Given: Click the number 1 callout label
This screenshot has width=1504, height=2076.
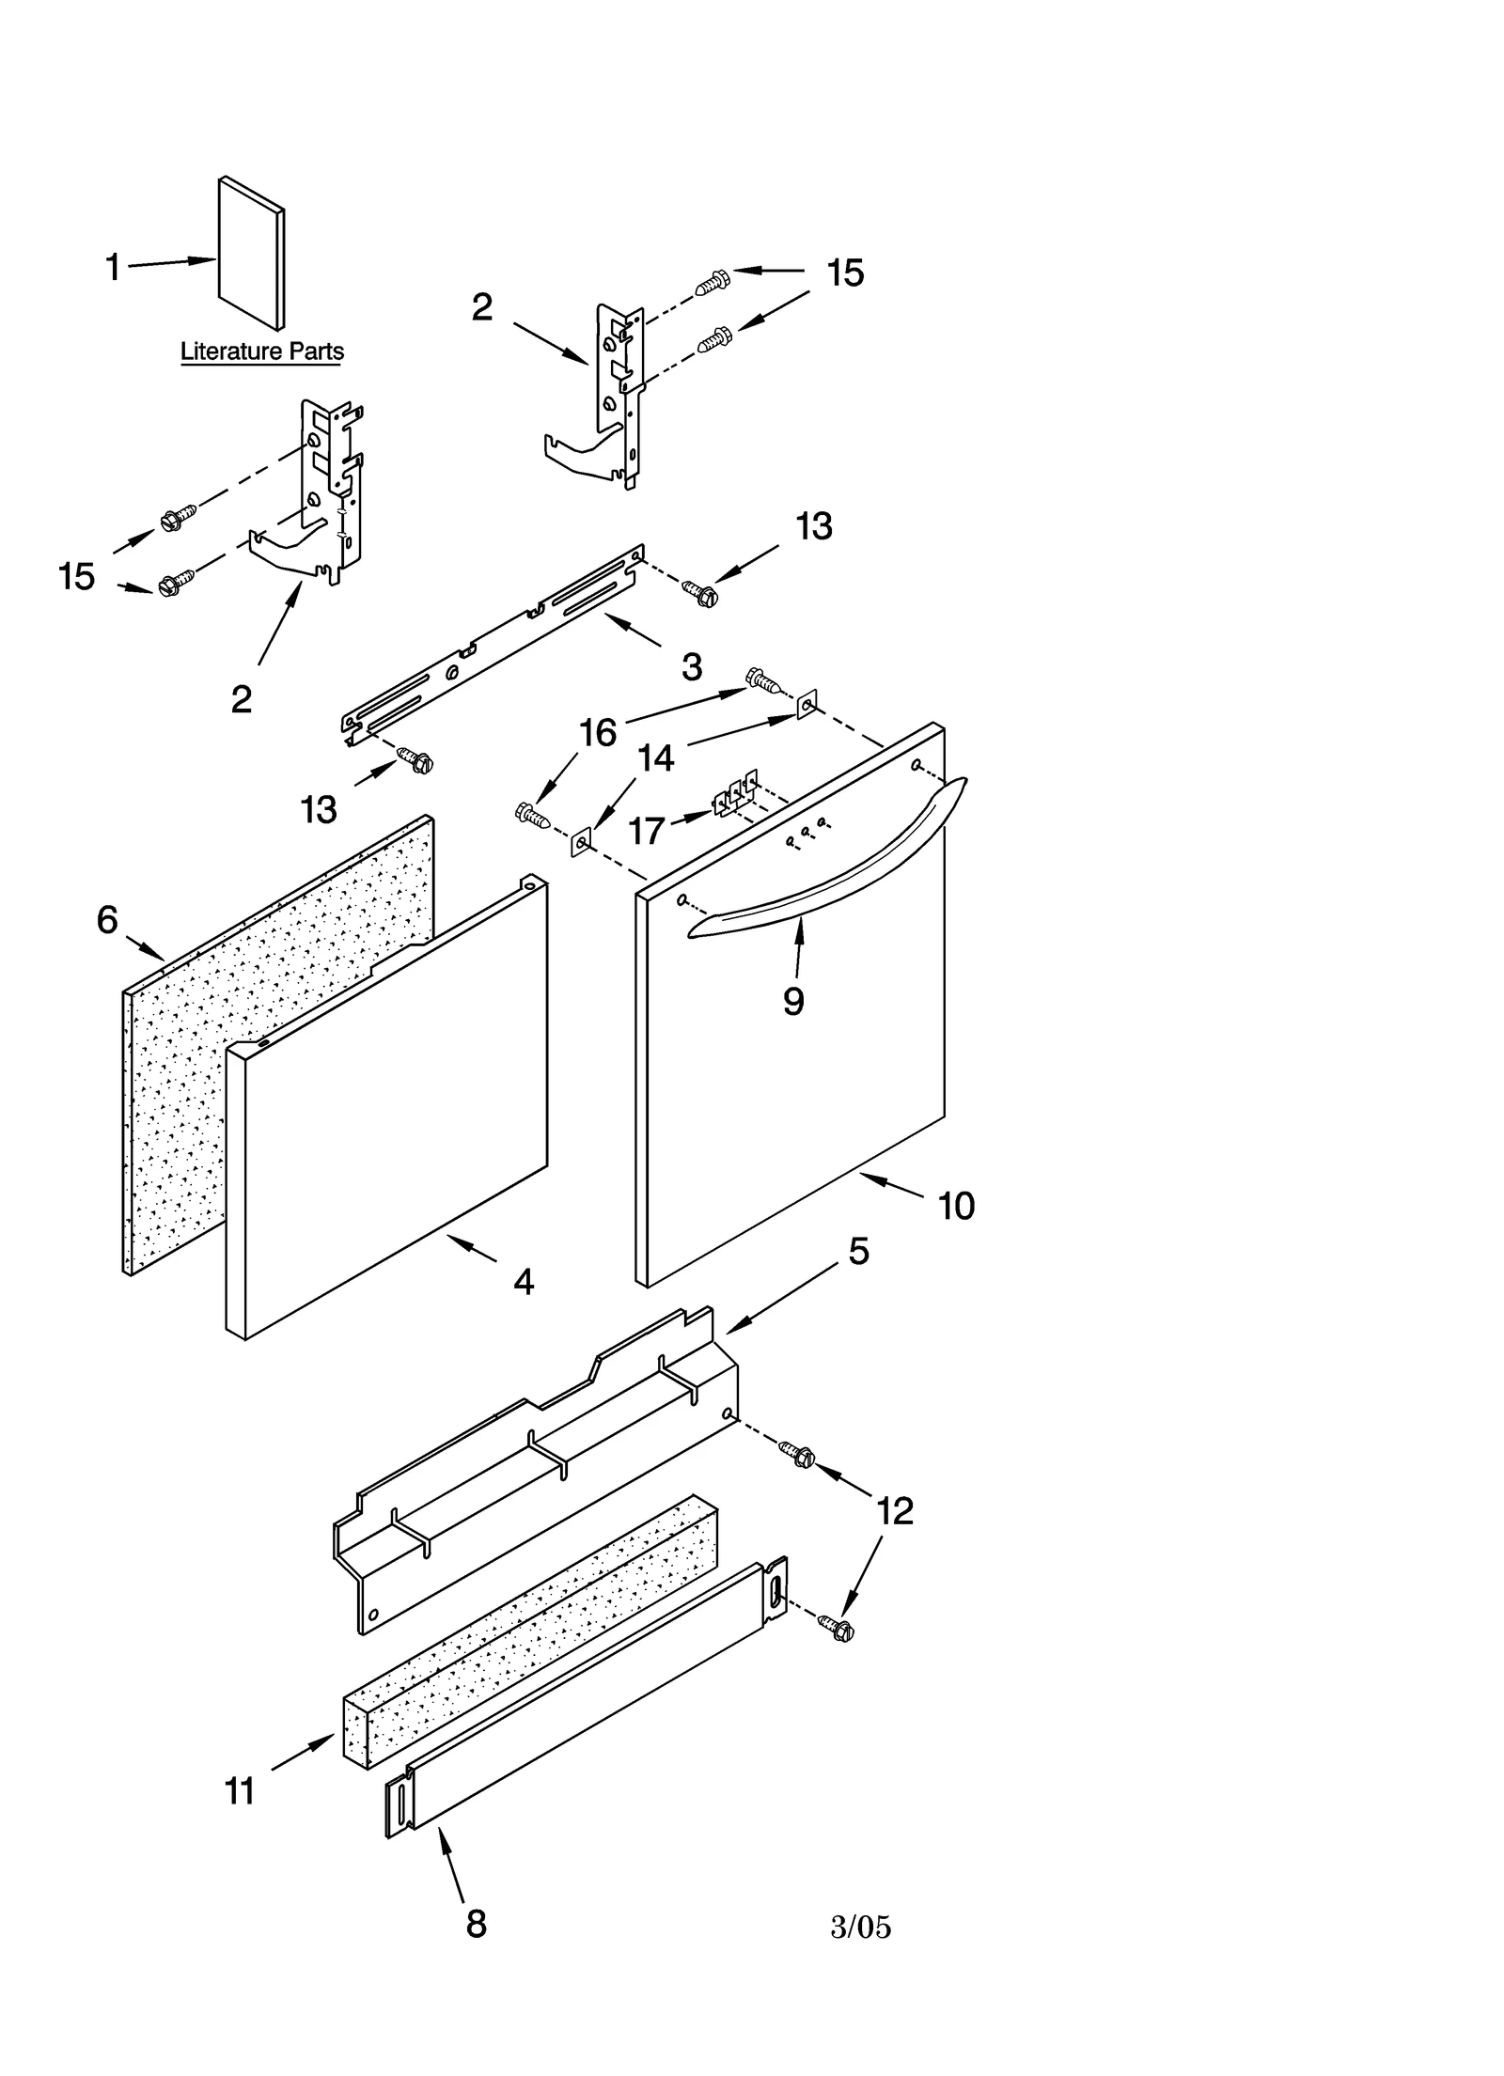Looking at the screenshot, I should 113,268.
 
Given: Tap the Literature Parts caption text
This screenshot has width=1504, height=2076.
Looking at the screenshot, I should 261,351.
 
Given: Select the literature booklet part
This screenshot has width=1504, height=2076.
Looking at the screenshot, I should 251,254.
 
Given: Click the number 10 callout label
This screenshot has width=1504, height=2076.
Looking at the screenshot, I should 956,1206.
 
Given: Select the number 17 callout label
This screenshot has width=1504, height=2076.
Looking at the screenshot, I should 647,831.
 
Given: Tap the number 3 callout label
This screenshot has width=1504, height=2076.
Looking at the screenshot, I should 691,667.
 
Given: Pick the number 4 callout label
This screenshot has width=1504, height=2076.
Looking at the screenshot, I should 524,1281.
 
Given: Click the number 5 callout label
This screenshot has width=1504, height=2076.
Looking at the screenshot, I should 858,1251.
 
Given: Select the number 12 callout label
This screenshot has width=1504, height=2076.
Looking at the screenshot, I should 894,1510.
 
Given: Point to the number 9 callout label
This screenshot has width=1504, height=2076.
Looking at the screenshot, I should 793,1002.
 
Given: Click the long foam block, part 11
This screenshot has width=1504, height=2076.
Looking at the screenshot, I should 531,1633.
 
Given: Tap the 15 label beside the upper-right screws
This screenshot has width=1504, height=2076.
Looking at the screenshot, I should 844,273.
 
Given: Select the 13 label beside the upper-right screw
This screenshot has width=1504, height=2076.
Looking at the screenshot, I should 813,526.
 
